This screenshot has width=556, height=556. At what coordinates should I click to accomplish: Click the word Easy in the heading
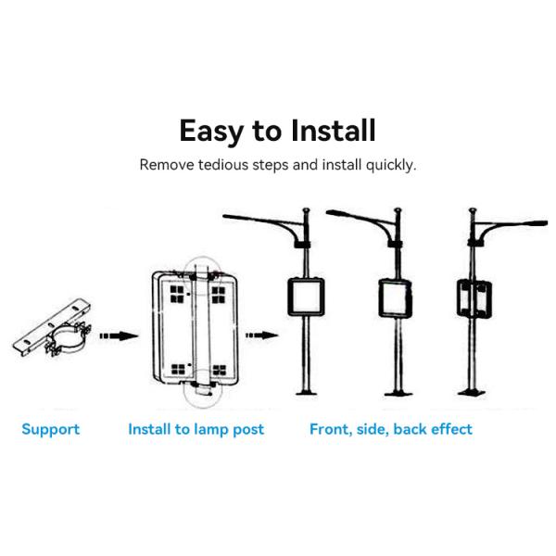click(210, 131)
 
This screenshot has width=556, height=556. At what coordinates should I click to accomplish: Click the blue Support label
click(50, 429)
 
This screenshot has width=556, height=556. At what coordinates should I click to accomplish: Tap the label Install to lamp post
click(196, 429)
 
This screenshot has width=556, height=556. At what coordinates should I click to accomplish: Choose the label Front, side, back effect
click(390, 429)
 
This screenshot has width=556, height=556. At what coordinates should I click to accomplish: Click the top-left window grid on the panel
click(173, 294)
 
